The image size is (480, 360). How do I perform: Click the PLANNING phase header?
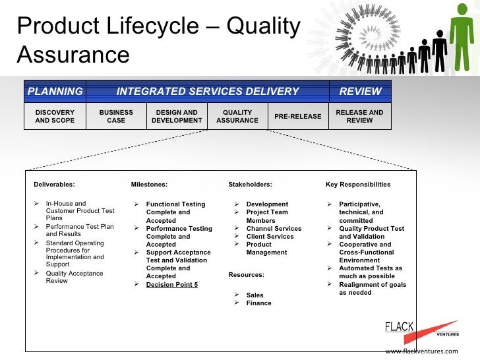(x=55, y=92)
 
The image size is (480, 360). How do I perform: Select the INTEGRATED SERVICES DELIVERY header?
(x=208, y=92)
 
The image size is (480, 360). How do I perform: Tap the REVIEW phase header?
(x=360, y=92)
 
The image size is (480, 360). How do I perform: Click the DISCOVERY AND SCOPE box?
(x=55, y=117)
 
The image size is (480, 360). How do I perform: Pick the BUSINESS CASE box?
(x=116, y=117)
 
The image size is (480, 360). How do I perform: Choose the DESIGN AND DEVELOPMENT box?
(x=177, y=117)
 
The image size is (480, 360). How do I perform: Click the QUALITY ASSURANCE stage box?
(x=237, y=117)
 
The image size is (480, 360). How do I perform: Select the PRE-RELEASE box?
(x=298, y=117)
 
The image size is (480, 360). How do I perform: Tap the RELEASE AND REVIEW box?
(x=359, y=117)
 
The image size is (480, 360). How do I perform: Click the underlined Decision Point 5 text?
(x=171, y=285)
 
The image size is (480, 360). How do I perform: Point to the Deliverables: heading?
(x=55, y=185)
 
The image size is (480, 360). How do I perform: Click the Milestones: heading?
(x=149, y=185)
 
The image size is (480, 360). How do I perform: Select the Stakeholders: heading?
(x=250, y=185)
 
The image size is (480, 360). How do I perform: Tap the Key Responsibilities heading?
(x=358, y=185)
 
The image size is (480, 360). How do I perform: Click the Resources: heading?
(x=246, y=274)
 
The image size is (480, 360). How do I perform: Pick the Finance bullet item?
(x=258, y=303)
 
